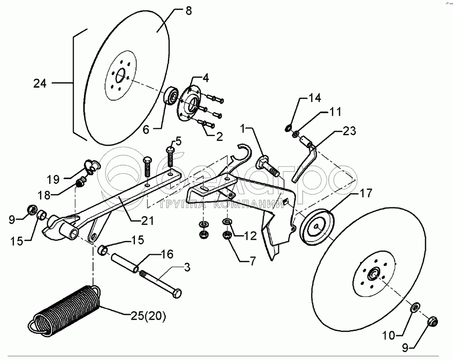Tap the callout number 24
tap(40, 84)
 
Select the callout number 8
tap(188, 11)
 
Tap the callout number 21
tap(146, 221)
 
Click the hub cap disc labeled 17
tap(317, 227)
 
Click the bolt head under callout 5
tap(170, 150)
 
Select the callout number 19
tap(53, 180)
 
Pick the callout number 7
tap(252, 261)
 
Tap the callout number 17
tap(366, 193)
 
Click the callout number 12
tap(250, 236)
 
